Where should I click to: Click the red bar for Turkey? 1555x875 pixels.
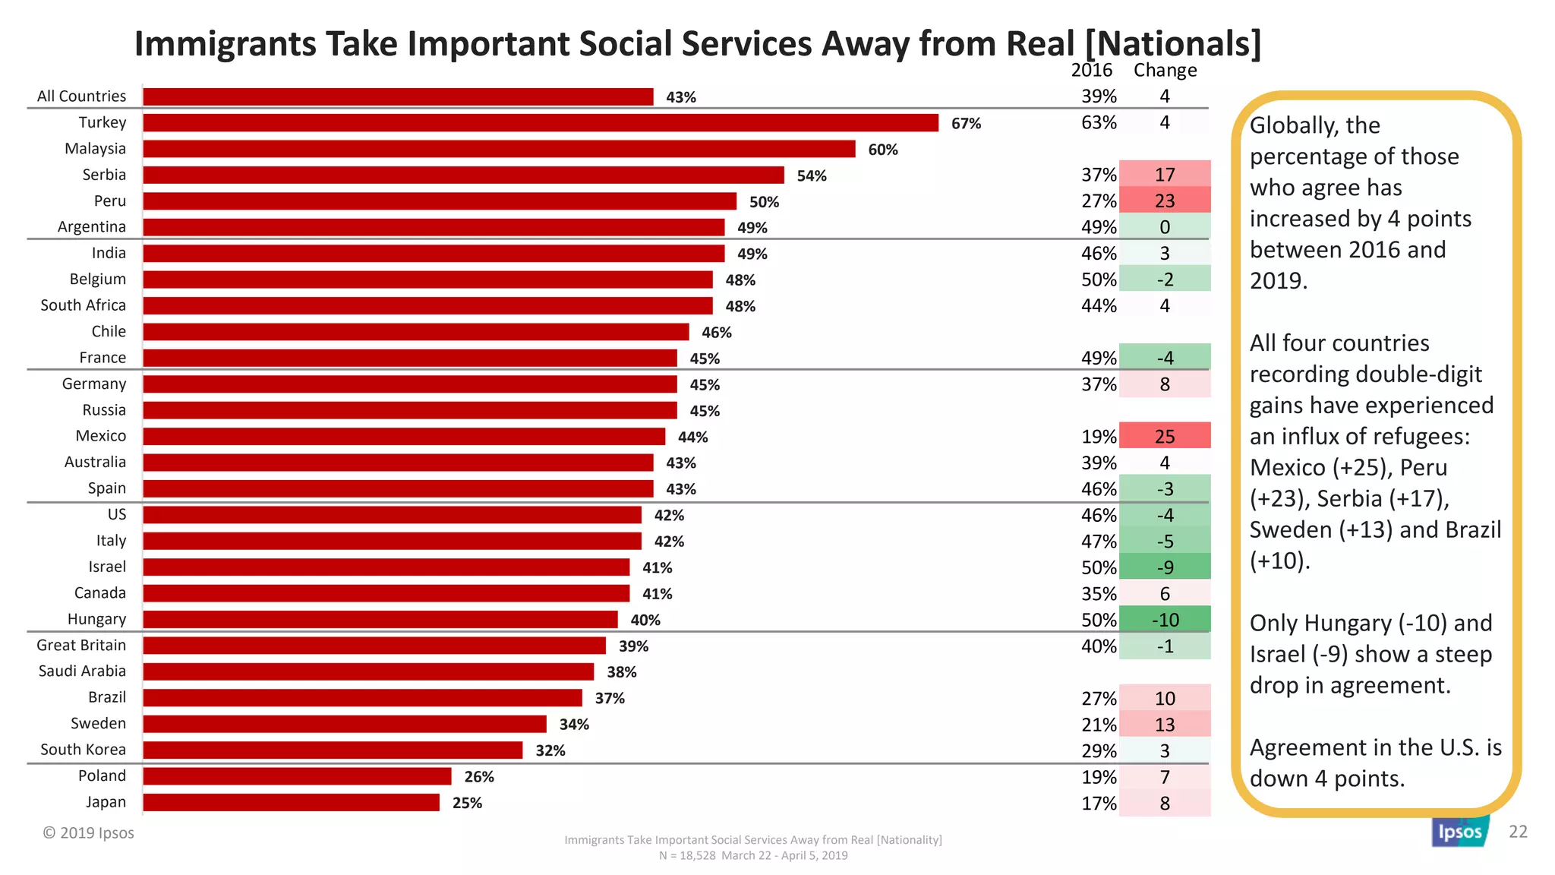tap(541, 123)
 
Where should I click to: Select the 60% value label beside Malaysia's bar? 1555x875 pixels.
tap(882, 150)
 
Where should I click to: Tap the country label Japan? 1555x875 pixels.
tap(106, 802)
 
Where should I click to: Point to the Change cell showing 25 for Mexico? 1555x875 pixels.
tap(1165, 437)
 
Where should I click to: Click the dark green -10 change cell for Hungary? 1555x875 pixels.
tap(1165, 620)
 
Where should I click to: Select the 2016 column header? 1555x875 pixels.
tap(1091, 71)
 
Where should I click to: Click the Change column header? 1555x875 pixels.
tap(1165, 71)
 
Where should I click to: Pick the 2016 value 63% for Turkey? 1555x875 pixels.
tap(1099, 123)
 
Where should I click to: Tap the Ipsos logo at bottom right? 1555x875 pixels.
tap(1459, 832)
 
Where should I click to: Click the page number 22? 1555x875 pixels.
tap(1518, 832)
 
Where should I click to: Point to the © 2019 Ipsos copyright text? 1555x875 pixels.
tap(88, 833)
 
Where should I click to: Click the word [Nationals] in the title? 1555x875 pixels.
tap(1173, 44)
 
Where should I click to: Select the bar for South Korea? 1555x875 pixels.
tap(333, 750)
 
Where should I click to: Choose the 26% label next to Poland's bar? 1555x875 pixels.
tap(479, 777)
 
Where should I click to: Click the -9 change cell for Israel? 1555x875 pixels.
tap(1165, 567)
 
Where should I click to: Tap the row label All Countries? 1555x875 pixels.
tap(81, 96)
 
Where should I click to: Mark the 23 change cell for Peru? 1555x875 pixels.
tap(1165, 201)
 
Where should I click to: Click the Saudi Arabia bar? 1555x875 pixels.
tap(368, 671)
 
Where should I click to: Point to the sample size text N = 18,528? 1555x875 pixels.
tap(687, 856)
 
